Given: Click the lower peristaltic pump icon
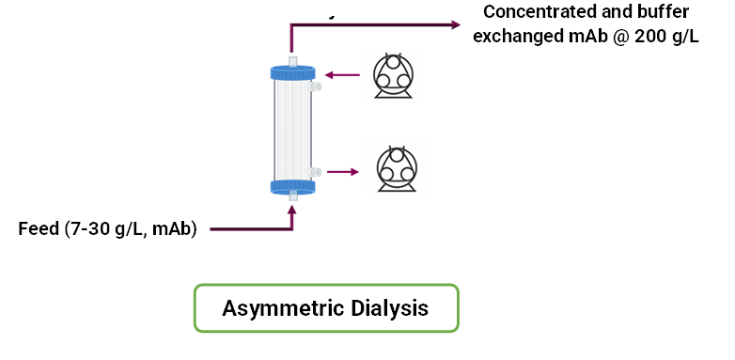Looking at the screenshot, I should click(x=397, y=170).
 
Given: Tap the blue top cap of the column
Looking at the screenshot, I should click(x=293, y=72).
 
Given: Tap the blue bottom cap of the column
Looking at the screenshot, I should click(x=293, y=185).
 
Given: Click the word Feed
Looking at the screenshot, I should click(x=39, y=229).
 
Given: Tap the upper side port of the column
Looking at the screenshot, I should click(x=315, y=86).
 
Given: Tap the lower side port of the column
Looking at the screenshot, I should click(x=315, y=172).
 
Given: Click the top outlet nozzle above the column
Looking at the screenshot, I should click(x=293, y=62).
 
